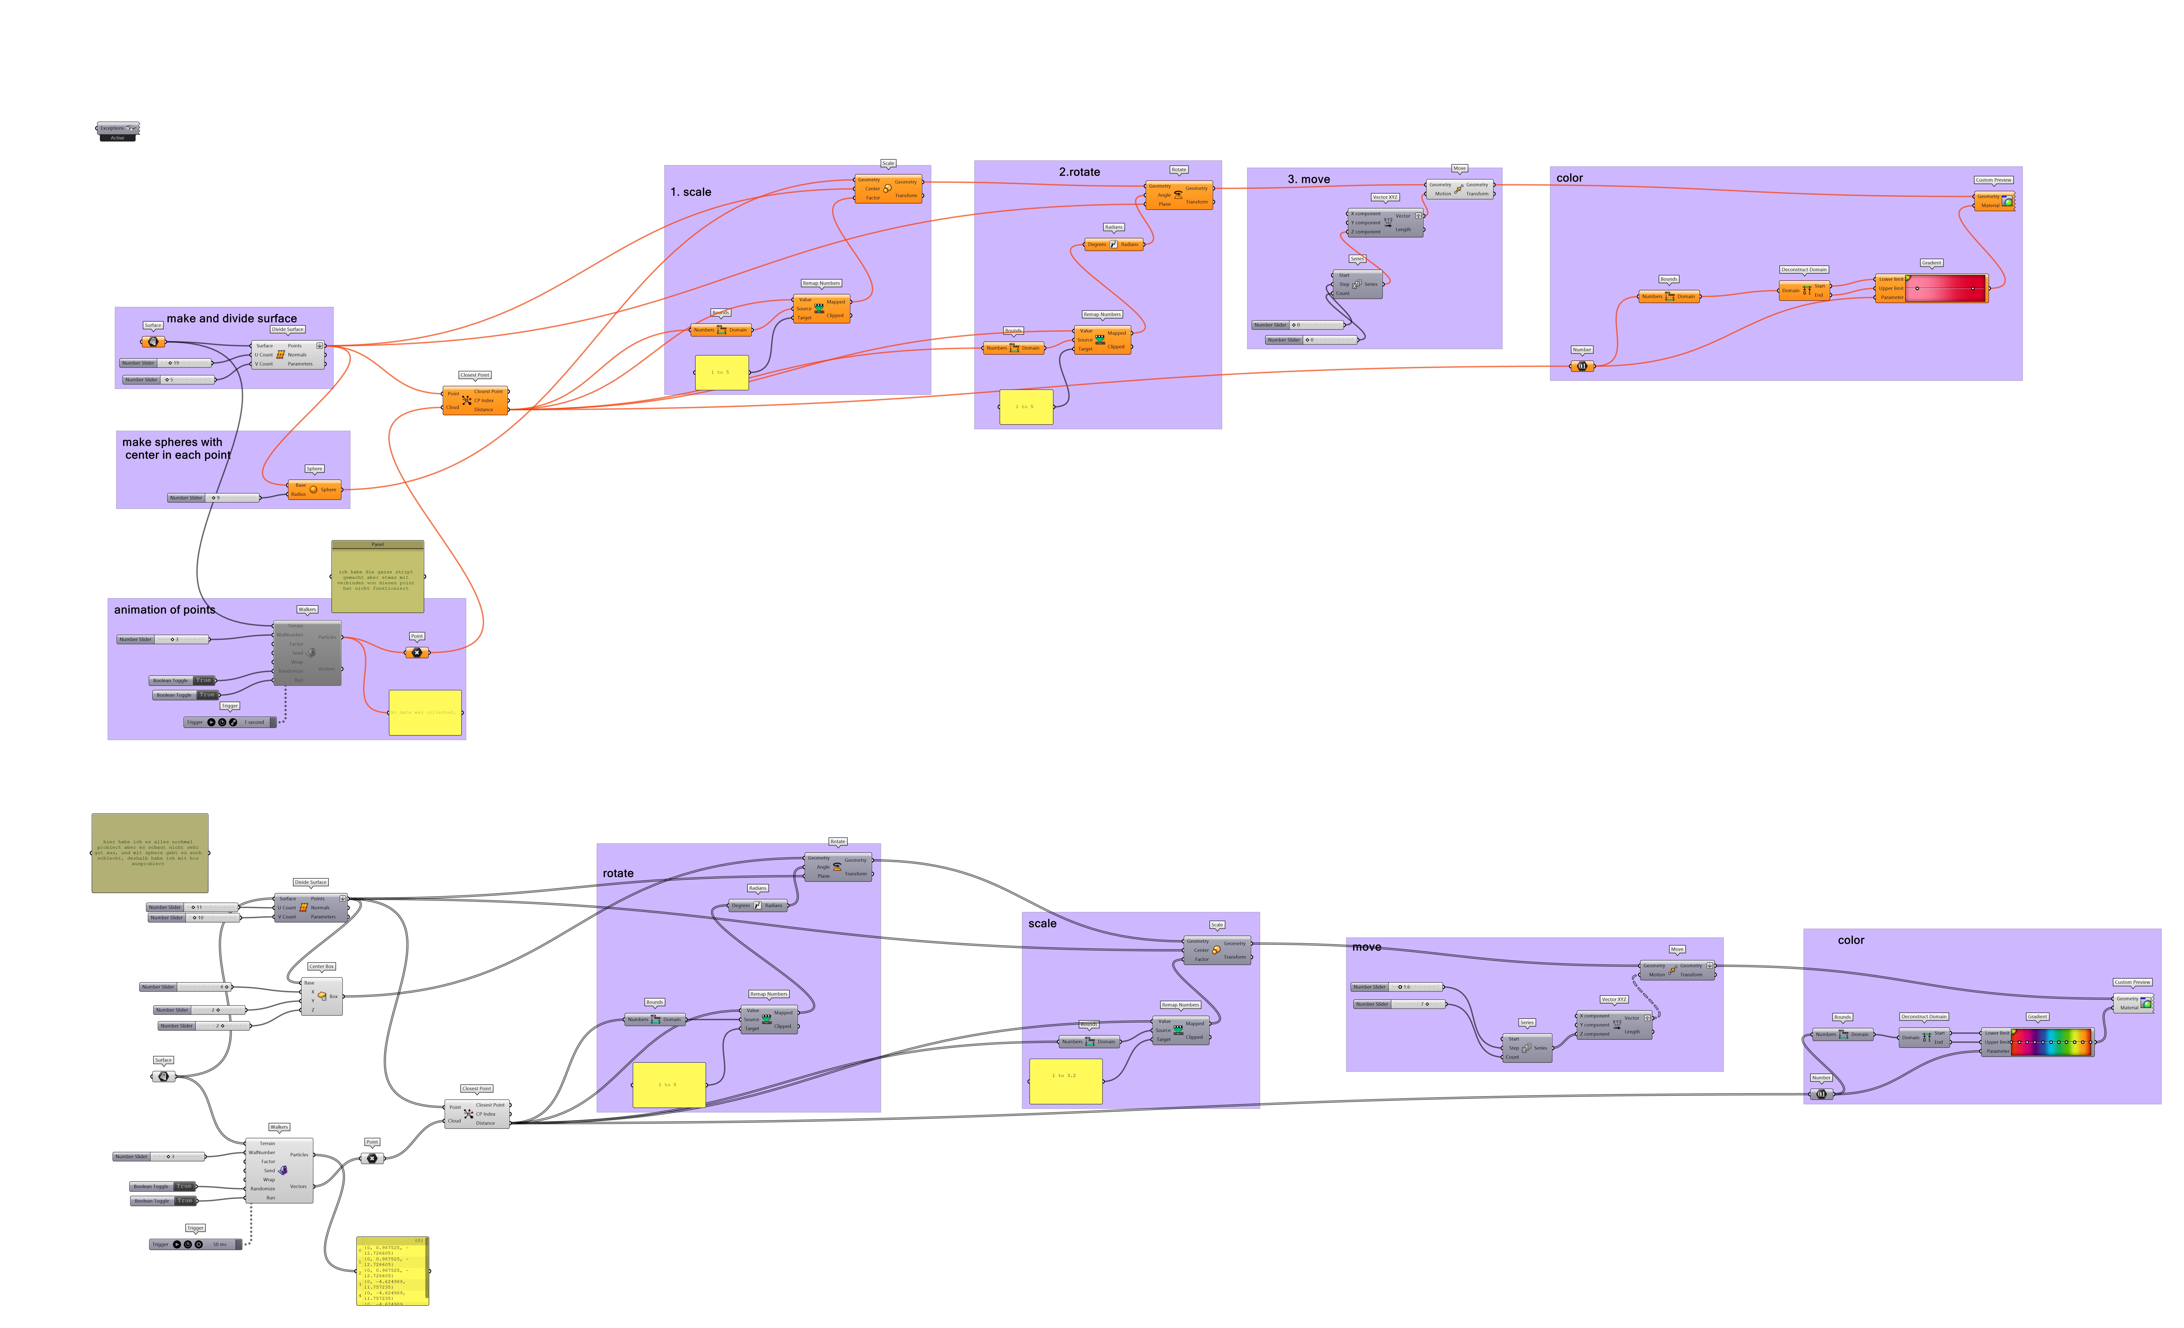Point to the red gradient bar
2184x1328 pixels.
(1946, 288)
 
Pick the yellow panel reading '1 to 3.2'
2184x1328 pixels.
(1065, 1080)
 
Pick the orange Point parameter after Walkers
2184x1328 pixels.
(417, 652)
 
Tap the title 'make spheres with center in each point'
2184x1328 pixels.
(176, 449)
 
